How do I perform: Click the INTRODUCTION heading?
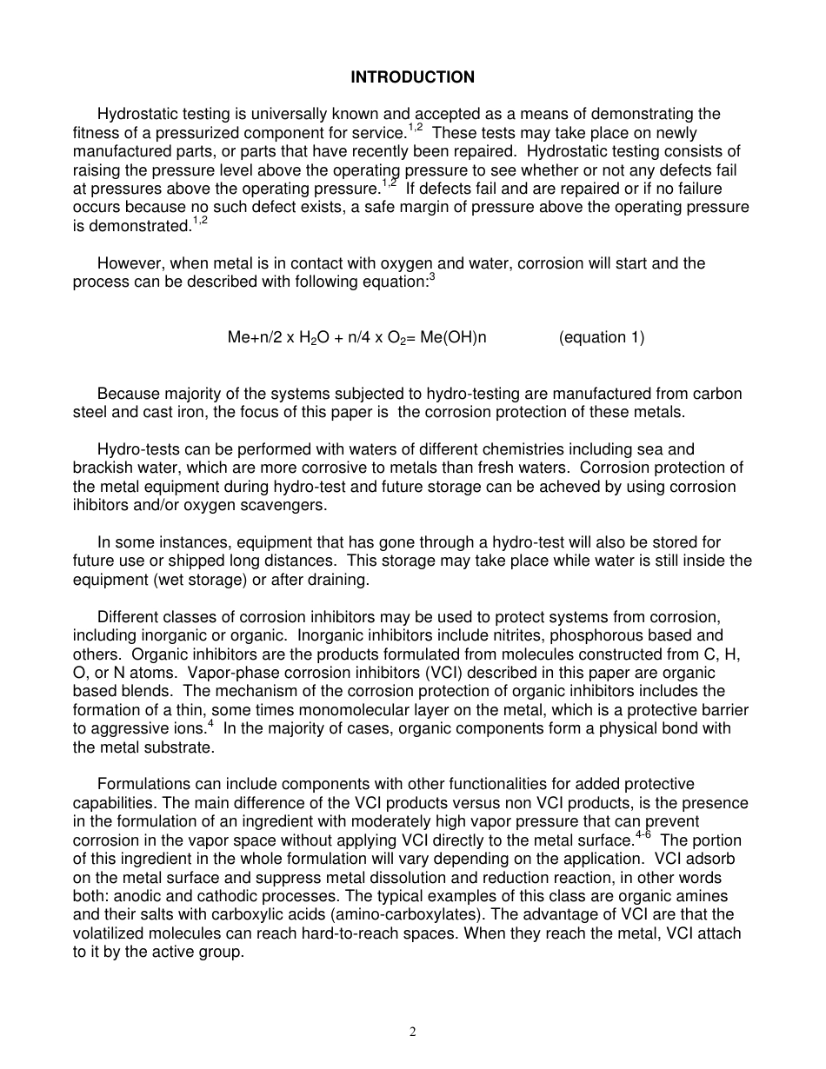(x=412, y=77)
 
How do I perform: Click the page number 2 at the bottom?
(x=413, y=1032)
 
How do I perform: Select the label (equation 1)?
(x=602, y=338)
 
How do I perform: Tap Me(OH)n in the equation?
(x=453, y=338)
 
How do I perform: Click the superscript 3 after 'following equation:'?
(x=432, y=277)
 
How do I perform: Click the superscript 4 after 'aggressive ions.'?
(x=210, y=724)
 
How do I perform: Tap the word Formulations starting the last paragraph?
(x=142, y=785)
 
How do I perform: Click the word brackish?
(x=100, y=468)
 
